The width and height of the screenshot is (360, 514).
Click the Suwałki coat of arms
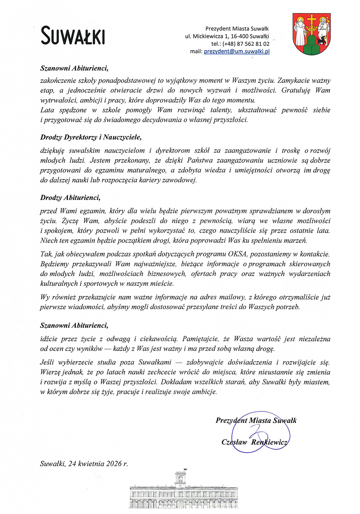(x=311, y=34)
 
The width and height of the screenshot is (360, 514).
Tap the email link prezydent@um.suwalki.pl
(x=237, y=51)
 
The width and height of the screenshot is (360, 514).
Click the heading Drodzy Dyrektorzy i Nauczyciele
(x=91, y=137)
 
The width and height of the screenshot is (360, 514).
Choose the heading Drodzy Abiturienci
(x=70, y=198)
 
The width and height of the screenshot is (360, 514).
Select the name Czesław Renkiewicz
(x=254, y=442)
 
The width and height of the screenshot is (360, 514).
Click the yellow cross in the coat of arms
(x=312, y=20)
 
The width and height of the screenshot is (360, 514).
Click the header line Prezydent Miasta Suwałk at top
(x=237, y=29)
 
